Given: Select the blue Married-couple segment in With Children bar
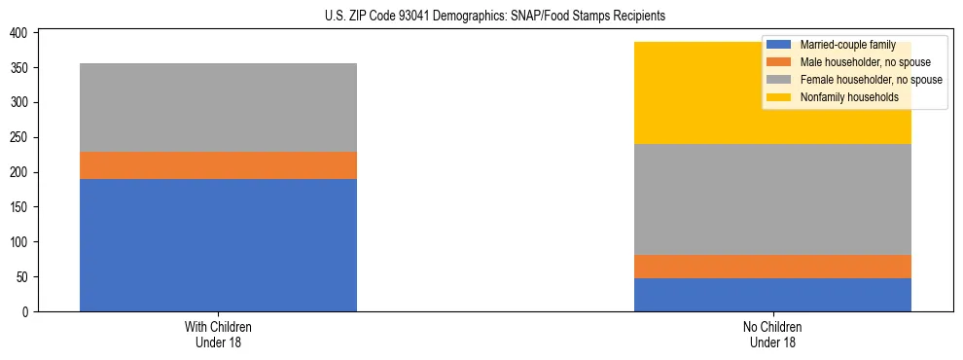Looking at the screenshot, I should [218, 245].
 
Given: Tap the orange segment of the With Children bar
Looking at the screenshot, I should [218, 165].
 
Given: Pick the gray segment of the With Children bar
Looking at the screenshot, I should [218, 107].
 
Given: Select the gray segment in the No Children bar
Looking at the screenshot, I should [772, 199].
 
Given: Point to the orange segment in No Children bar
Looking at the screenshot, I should [772, 267].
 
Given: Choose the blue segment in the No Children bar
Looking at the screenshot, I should [772, 295].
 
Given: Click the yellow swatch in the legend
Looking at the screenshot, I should [779, 97].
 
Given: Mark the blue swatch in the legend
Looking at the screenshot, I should [779, 45].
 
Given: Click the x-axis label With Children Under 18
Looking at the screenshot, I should [218, 334].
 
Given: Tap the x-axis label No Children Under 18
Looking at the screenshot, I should [772, 334].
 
